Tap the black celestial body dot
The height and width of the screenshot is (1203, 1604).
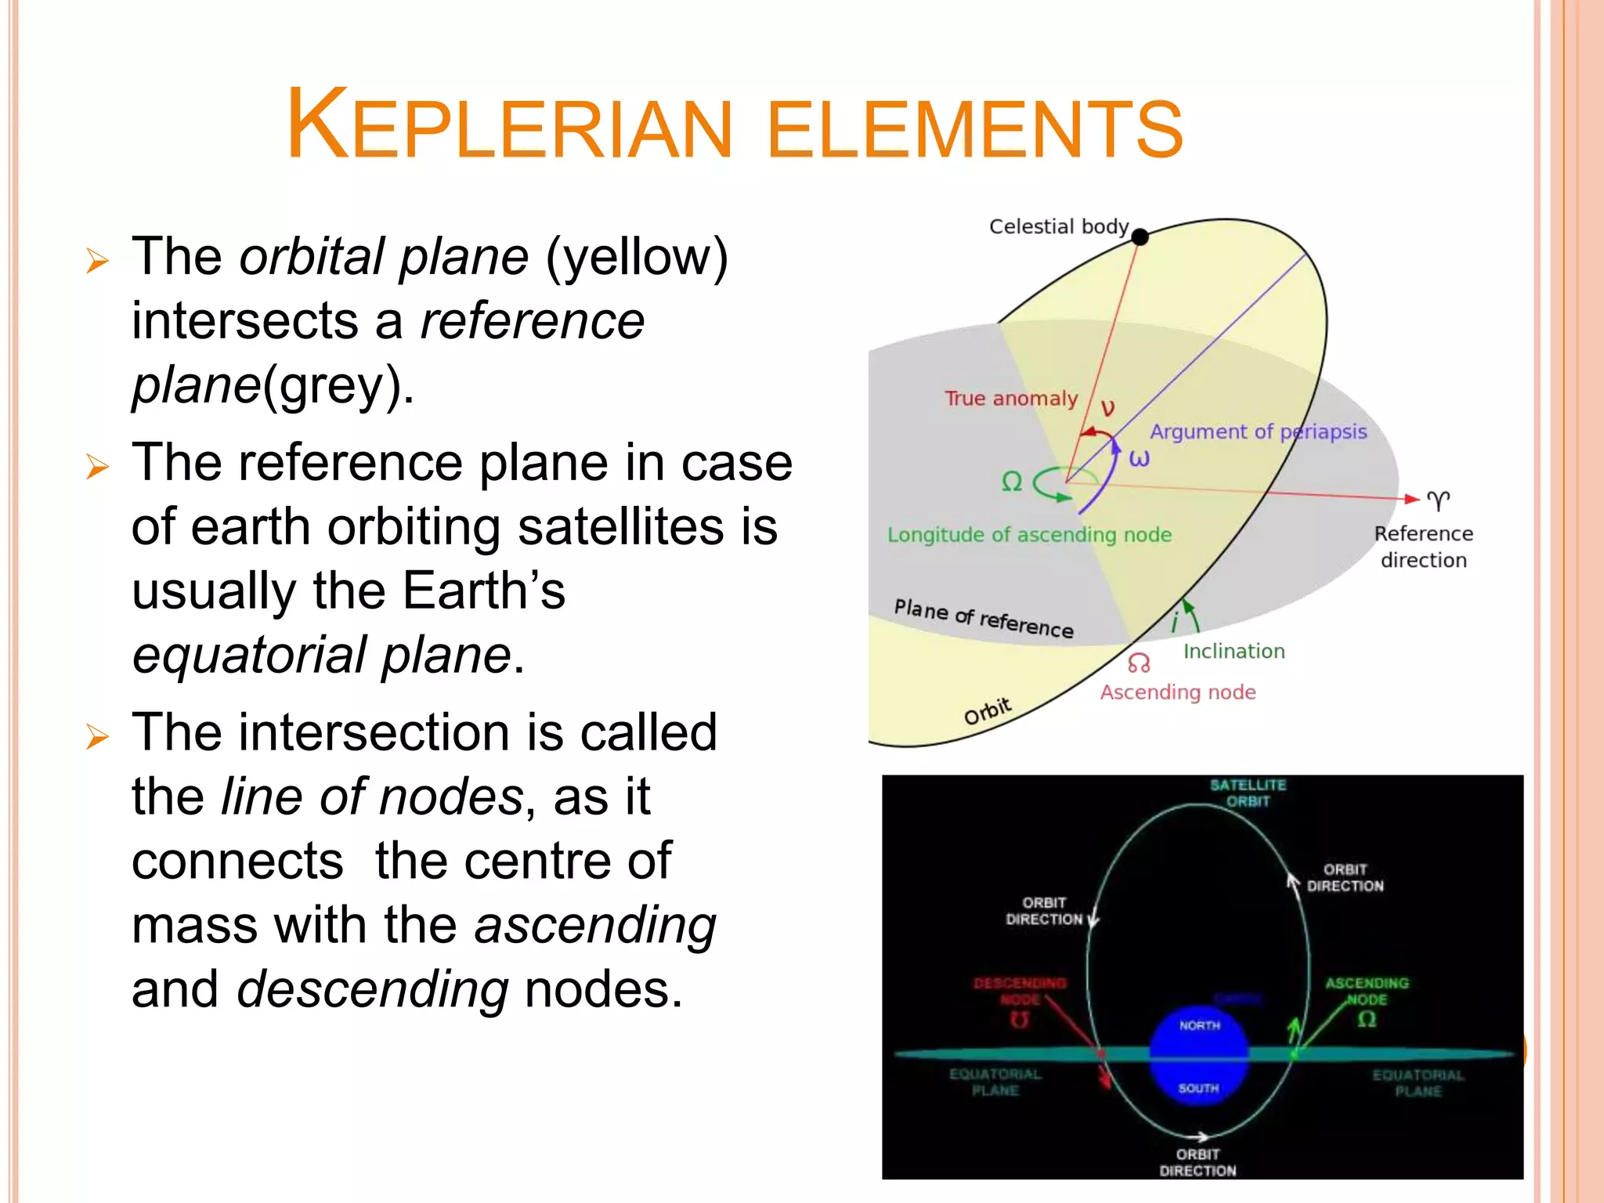[1140, 237]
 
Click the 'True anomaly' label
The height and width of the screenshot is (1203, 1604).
[1010, 399]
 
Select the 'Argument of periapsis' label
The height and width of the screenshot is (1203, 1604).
[1258, 432]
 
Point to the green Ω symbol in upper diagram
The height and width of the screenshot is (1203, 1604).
[1012, 481]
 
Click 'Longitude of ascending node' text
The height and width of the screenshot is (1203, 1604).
[1029, 535]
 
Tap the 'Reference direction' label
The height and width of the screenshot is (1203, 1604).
[1423, 547]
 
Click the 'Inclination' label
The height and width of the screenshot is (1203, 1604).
[1234, 651]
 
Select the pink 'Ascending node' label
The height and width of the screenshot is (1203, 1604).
[1177, 692]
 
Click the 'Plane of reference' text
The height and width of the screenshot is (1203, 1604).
[983, 618]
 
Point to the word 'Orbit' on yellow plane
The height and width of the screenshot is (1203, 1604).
[987, 710]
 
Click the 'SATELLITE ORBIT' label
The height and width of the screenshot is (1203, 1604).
[1248, 793]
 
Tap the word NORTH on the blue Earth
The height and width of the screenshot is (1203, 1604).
[1199, 1025]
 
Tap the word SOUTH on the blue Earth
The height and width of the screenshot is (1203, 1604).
[1198, 1088]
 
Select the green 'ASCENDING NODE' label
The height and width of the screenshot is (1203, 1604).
[1367, 991]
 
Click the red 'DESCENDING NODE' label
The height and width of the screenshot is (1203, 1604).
[1020, 991]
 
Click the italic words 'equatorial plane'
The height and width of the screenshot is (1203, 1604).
[321, 655]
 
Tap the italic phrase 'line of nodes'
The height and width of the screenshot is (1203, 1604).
[372, 797]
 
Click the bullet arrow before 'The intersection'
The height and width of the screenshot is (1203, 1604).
[97, 736]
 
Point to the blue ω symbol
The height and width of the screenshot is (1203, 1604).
[1139, 458]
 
